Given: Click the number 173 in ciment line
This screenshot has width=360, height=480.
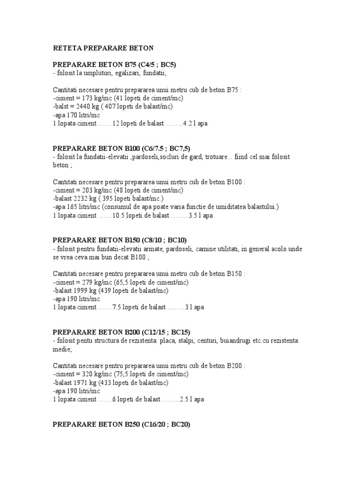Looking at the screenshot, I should pos(88,98).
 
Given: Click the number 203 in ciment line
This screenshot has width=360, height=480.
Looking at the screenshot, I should pos(88,190).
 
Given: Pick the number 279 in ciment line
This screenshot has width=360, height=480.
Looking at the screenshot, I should pos(88,282).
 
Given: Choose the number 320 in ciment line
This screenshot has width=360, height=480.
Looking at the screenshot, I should pos(88,374).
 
